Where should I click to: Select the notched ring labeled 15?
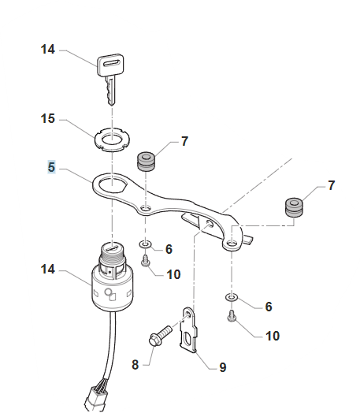point(113,139)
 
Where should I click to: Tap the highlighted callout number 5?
point(51,167)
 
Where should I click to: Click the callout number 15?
point(48,118)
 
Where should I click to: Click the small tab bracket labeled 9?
point(189,329)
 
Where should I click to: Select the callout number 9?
point(223,367)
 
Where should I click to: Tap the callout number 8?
point(135,365)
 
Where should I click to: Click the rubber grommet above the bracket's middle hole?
point(146,161)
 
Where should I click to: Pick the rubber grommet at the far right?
point(294,207)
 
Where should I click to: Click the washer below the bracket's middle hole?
point(145,244)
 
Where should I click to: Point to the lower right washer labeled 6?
point(232,298)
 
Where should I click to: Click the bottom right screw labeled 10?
point(232,316)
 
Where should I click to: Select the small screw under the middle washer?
point(145,260)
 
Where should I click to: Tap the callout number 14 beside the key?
point(48,49)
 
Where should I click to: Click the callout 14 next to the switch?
point(48,270)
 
